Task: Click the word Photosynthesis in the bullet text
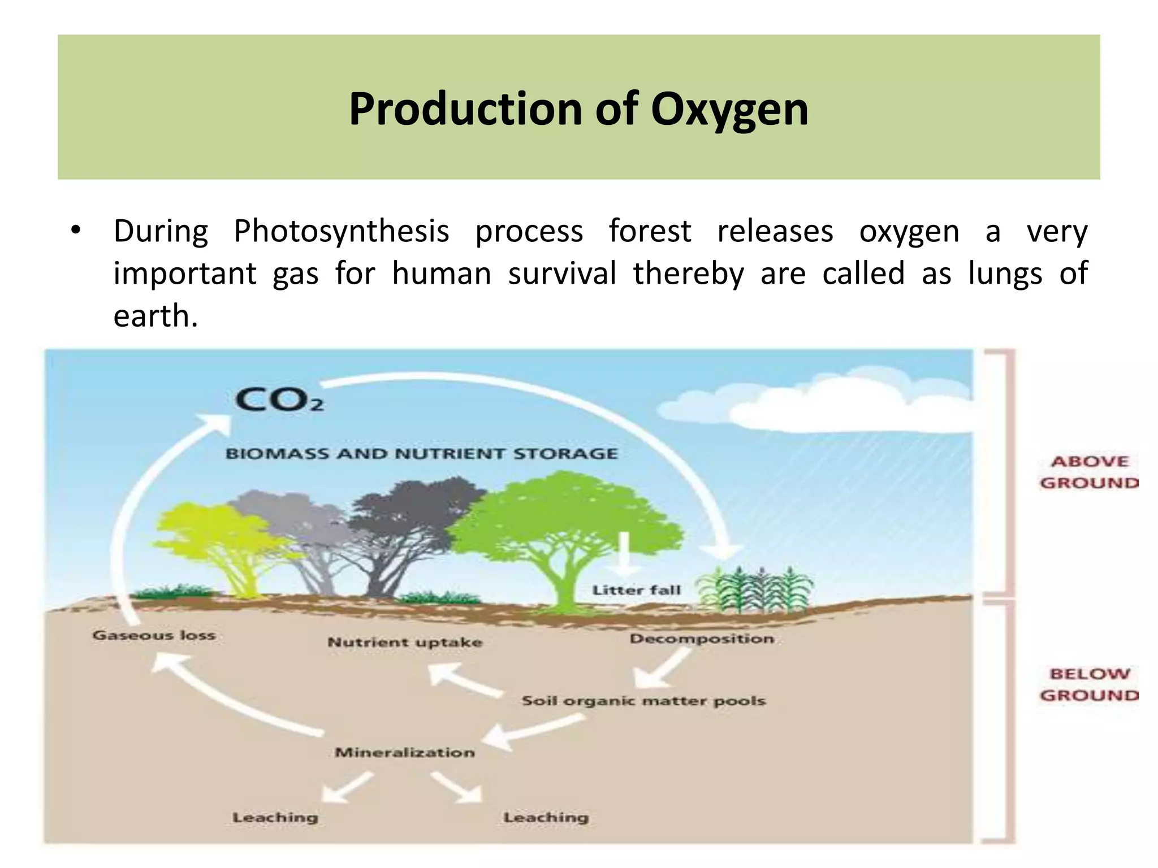tap(342, 232)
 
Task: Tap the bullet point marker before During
tap(76, 231)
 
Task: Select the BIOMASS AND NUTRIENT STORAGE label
tap(422, 454)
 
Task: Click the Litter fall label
tap(636, 590)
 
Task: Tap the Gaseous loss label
tap(154, 636)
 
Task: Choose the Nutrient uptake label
tap(405, 643)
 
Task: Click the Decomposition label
tap(702, 639)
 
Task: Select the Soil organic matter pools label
tap(643, 701)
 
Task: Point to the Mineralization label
tap(405, 753)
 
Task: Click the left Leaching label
tap(275, 818)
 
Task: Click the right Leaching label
tap(546, 818)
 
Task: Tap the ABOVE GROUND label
tap(1089, 472)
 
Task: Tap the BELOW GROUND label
tap(1089, 685)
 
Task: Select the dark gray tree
tap(413, 520)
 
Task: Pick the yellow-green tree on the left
tap(221, 537)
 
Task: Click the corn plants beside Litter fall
tap(755, 591)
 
